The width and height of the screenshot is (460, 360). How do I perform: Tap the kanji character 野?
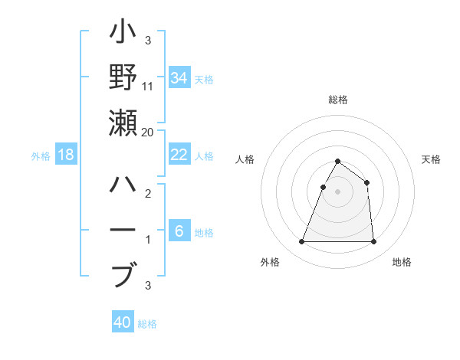pyautogui.click(x=123, y=77)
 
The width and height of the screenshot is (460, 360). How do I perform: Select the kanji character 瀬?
pyautogui.click(x=123, y=123)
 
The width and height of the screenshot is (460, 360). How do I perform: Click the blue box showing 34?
pyautogui.click(x=179, y=77)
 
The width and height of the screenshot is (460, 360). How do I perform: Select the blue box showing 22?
pyautogui.click(x=179, y=155)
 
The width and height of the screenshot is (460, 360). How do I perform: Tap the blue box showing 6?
pyautogui.click(x=179, y=231)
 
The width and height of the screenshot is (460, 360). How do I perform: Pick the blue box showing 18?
pyautogui.click(x=66, y=155)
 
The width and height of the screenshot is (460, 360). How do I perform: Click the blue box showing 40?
pyautogui.click(x=123, y=322)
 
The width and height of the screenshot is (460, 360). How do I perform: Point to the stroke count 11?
pyautogui.click(x=148, y=87)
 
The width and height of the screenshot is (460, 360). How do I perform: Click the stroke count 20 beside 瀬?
pyautogui.click(x=147, y=133)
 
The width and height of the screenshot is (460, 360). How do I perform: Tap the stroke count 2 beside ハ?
pyautogui.click(x=147, y=195)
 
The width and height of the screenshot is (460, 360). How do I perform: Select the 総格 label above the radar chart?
pyautogui.click(x=337, y=100)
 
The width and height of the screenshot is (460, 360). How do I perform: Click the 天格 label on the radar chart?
pyautogui.click(x=431, y=159)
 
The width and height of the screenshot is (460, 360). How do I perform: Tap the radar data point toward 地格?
pyautogui.click(x=373, y=242)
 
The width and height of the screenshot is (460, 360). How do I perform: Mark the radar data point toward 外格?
pyautogui.click(x=301, y=242)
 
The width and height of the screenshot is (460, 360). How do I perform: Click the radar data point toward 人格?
pyautogui.click(x=324, y=187)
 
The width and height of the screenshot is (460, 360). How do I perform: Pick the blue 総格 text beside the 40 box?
pyautogui.click(x=147, y=324)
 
